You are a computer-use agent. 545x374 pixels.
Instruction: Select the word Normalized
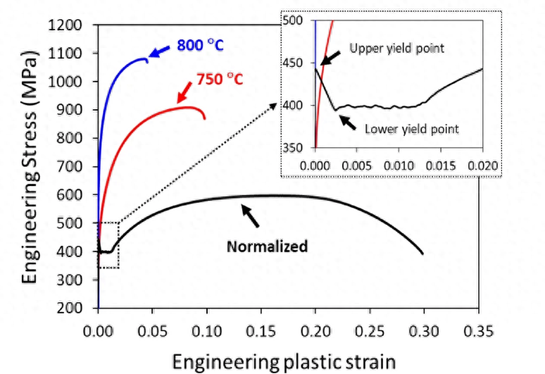tap(267, 247)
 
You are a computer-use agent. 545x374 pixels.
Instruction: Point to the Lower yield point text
tap(412, 129)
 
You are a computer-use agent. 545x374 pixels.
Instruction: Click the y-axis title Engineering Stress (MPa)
tap(30, 167)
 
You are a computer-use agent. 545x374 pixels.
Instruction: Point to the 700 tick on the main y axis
tap(78, 167)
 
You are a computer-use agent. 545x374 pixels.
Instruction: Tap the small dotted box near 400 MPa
tap(108, 245)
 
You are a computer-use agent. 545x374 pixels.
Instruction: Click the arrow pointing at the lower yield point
tap(349, 120)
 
